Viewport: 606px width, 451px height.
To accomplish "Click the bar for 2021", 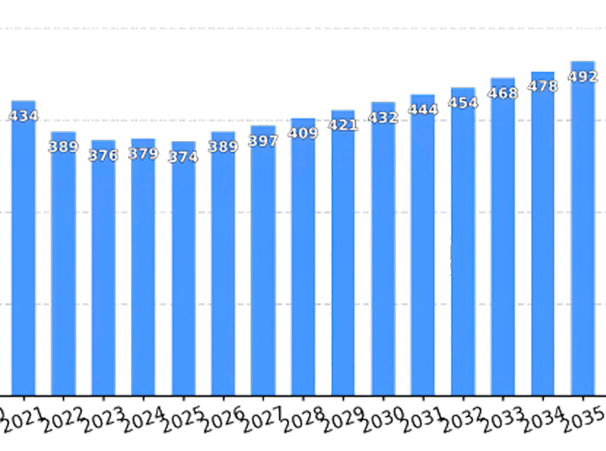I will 23,256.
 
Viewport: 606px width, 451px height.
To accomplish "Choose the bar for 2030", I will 383,256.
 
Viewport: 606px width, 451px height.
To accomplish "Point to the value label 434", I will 23,116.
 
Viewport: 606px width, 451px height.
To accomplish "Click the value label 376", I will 103,156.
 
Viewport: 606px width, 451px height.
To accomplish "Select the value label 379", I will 143,153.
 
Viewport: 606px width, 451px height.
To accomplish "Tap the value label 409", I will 303,133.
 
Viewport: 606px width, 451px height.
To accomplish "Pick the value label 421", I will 343,126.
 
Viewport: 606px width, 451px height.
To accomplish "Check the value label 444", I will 423,110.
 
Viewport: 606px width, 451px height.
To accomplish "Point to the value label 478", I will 542,87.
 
